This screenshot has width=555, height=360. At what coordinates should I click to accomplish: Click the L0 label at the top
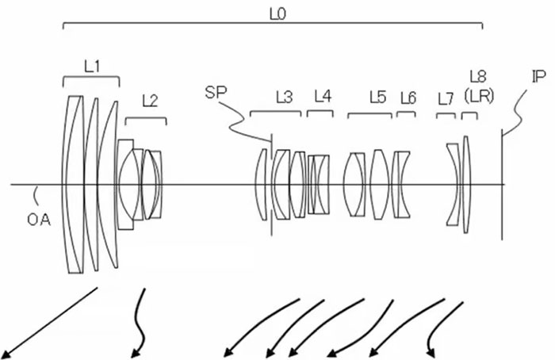coord(277,14)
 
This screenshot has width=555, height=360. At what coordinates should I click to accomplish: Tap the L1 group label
coord(92,67)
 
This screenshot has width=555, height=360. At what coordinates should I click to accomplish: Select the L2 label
coord(150,101)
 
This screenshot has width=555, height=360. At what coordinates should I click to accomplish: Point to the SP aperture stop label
coord(216,93)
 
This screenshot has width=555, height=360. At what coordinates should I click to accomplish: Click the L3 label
coord(284,98)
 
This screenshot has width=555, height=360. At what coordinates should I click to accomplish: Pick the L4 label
coord(323,96)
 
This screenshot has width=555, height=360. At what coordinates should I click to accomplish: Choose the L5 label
coord(377,97)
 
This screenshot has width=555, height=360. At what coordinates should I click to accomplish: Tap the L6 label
coord(408,98)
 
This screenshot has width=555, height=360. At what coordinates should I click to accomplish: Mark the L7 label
coord(446,99)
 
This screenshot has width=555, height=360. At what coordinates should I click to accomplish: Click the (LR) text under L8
coord(479,96)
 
